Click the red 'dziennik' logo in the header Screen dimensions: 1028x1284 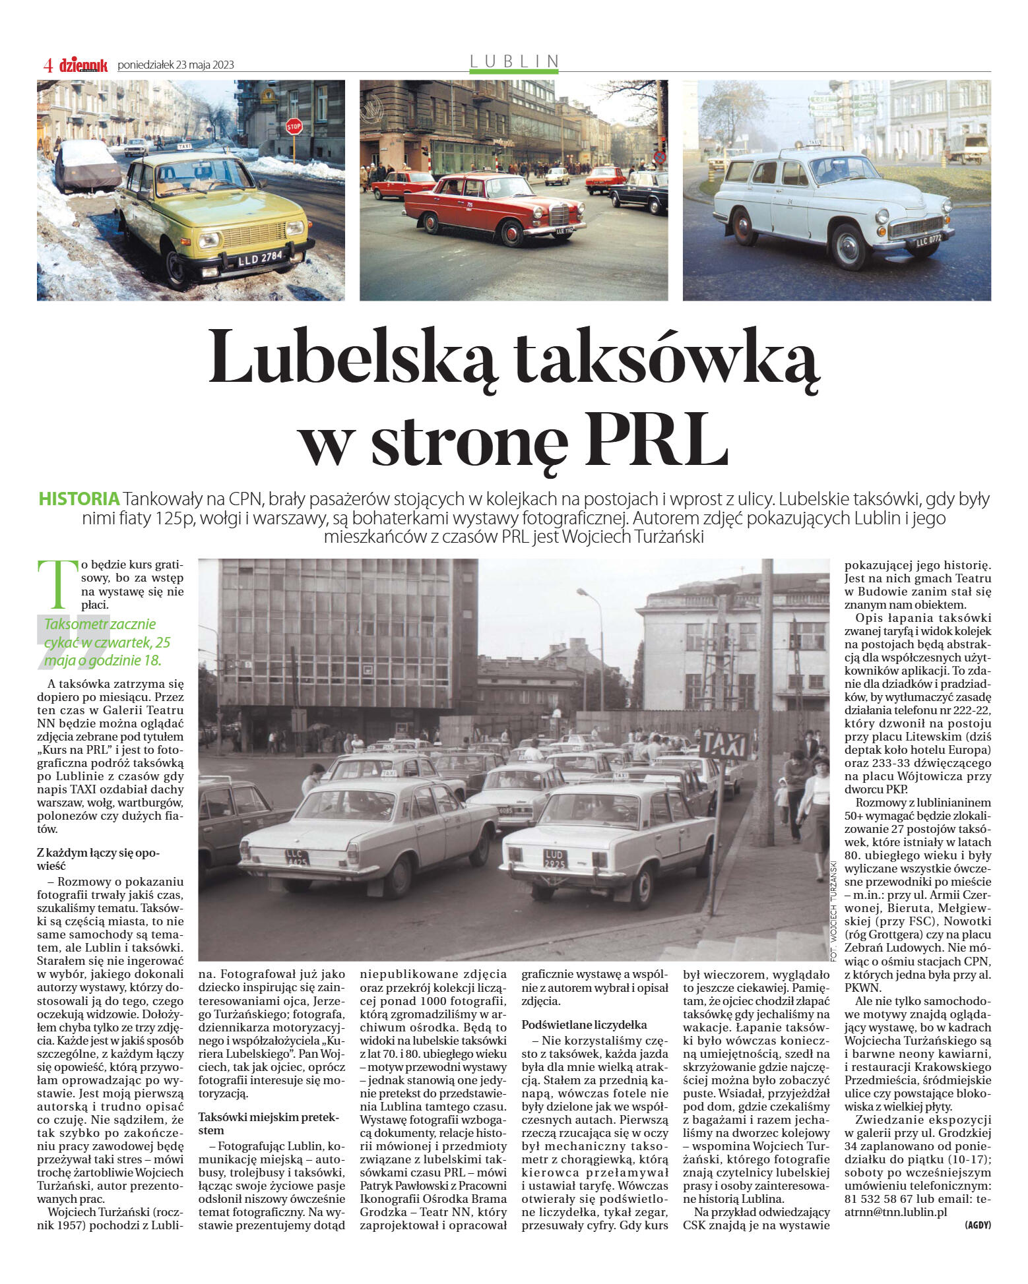pos(83,65)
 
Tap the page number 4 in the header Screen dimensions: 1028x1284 pos(48,65)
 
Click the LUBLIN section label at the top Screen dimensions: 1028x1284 pos(514,61)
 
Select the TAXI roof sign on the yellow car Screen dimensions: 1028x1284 pos(184,146)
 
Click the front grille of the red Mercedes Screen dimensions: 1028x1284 pos(559,214)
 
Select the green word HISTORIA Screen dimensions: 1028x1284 pos(79,499)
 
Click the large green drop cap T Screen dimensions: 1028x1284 pos(57,584)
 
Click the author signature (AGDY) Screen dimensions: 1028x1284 pos(977,1225)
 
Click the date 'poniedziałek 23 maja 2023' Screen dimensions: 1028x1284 pos(176,65)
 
